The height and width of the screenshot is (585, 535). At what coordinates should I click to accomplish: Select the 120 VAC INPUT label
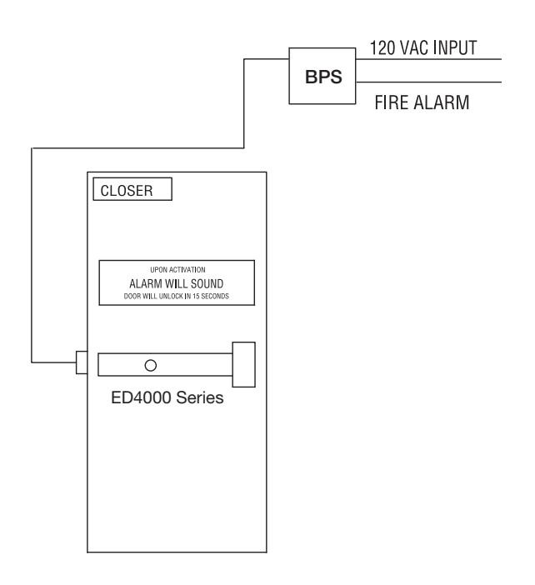pos(423,48)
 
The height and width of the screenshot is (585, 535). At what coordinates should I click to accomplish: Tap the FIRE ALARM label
pos(422,102)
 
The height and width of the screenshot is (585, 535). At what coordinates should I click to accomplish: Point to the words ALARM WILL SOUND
pos(177,284)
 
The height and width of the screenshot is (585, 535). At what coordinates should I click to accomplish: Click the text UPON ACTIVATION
pos(177,270)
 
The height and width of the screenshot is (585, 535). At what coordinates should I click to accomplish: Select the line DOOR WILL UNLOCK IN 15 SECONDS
pos(177,296)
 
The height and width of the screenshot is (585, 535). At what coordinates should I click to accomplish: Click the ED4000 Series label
pos(167,397)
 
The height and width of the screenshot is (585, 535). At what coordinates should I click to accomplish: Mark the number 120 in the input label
pos(382,48)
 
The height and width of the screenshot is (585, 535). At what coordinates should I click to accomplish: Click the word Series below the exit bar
pos(200,397)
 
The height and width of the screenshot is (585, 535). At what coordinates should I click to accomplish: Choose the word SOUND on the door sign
pos(207,284)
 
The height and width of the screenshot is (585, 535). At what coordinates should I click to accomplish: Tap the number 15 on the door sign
pos(196,296)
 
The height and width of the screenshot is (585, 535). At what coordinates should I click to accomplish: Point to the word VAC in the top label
pos(413,48)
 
